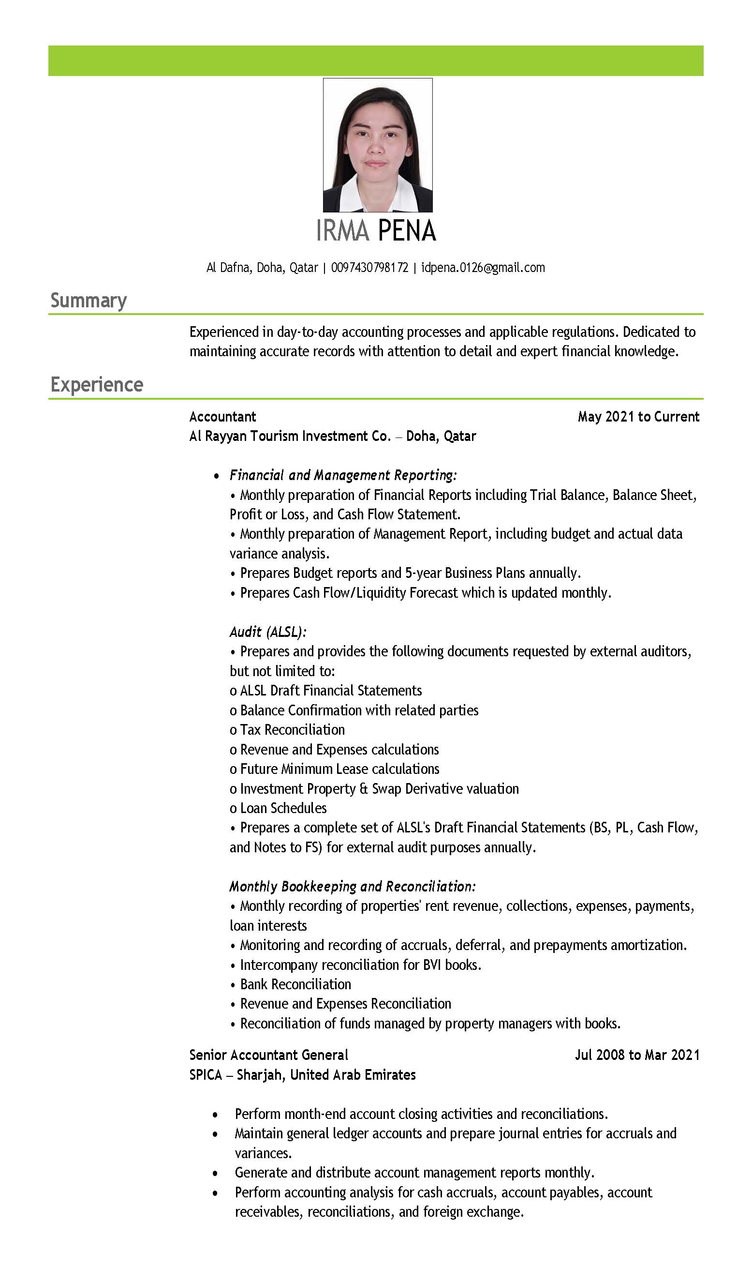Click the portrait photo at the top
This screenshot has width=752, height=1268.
(x=378, y=145)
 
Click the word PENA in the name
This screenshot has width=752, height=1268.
(x=406, y=231)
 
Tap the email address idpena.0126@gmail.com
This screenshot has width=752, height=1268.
(x=483, y=268)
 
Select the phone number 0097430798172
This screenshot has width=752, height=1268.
(x=369, y=268)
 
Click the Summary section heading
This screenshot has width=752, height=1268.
(x=88, y=300)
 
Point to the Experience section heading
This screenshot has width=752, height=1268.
(x=97, y=384)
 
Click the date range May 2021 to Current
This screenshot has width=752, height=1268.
(x=638, y=417)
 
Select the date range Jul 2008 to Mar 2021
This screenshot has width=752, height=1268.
(x=637, y=1055)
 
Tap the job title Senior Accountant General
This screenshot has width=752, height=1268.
(x=268, y=1055)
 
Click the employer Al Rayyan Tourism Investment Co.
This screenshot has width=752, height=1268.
(x=290, y=436)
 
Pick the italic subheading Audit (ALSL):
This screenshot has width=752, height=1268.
(x=268, y=632)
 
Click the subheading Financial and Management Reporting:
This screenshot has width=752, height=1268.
(x=343, y=475)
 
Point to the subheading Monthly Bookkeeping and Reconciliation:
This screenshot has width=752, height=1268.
(x=353, y=886)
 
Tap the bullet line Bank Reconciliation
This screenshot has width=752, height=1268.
(x=295, y=984)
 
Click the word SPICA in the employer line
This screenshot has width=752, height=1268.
(x=205, y=1075)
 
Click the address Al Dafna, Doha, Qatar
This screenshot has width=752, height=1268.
(x=262, y=268)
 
